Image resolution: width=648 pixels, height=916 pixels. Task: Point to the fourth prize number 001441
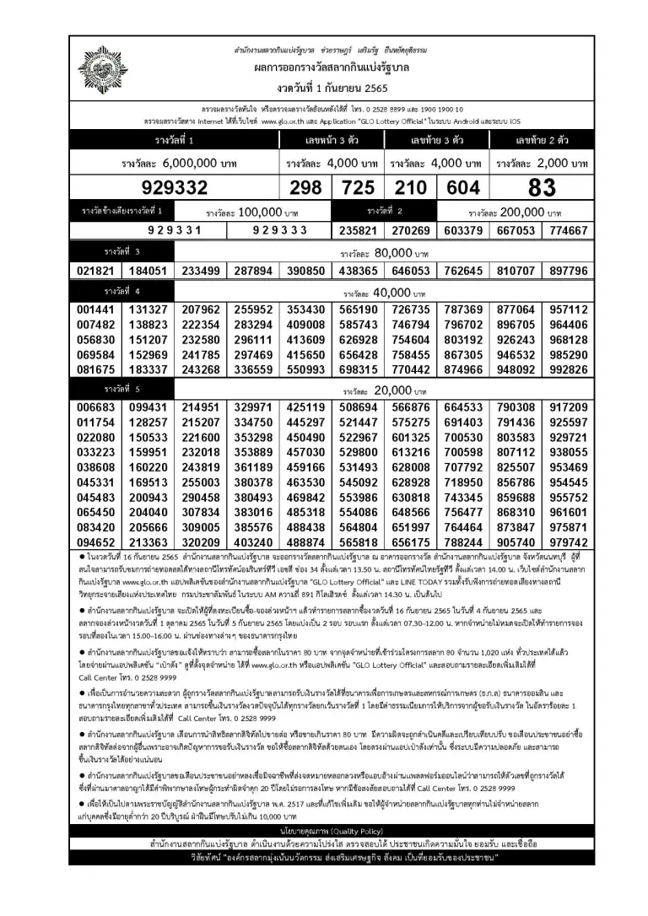[95, 311]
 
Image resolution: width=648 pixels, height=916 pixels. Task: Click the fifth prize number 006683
[95, 408]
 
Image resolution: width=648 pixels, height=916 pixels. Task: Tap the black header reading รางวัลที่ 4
[122, 292]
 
